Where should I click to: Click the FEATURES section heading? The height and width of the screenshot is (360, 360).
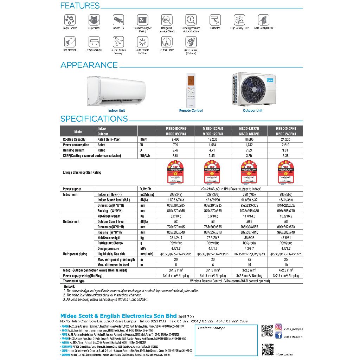tap(80, 6)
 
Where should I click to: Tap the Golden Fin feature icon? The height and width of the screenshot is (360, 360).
tap(118, 19)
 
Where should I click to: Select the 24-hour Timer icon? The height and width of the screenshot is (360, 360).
tap(167, 42)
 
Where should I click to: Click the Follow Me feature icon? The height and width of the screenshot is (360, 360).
tap(215, 19)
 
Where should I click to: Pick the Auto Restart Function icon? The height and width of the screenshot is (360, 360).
tap(142, 42)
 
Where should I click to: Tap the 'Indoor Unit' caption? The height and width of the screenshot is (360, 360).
tap(116, 110)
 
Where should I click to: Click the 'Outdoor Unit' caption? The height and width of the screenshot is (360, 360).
tap(252, 110)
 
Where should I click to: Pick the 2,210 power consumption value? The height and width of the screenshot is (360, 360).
tap(285, 145)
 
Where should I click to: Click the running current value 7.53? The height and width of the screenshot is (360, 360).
tap(249, 150)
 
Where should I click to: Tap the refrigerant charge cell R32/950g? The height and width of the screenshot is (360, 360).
tap(285, 243)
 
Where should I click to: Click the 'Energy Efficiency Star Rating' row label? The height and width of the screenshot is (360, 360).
tap(82, 172)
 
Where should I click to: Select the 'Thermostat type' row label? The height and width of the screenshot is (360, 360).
tap(74, 281)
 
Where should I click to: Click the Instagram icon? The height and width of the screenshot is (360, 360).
tap(278, 327)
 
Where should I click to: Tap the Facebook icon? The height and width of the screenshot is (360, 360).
tap(278, 336)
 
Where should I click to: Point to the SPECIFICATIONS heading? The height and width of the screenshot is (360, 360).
tap(94, 119)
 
